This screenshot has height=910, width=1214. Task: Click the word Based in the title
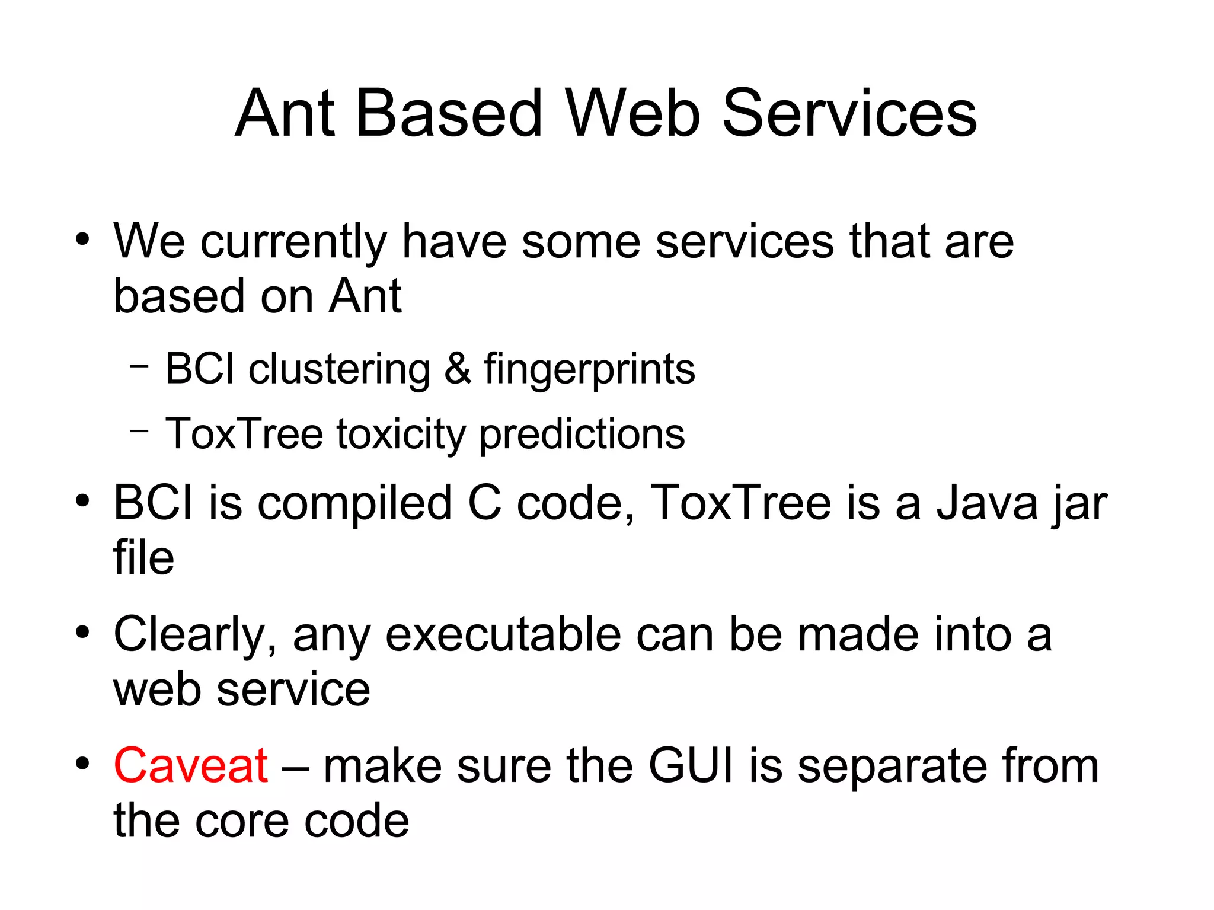pyautogui.click(x=449, y=113)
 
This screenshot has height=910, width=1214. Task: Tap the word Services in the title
pyautogui.click(x=849, y=113)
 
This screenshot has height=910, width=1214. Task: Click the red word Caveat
pyautogui.click(x=190, y=765)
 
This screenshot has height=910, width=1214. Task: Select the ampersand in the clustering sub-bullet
pyautogui.click(x=457, y=369)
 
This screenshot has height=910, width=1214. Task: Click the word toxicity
pyautogui.click(x=401, y=435)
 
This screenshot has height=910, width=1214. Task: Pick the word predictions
pyautogui.click(x=582, y=435)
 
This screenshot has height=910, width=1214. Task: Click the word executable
pyautogui.click(x=504, y=634)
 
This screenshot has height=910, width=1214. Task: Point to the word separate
pyautogui.click(x=892, y=767)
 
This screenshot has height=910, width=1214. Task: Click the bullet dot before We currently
pyautogui.click(x=82, y=240)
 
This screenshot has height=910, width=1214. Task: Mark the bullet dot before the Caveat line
pyautogui.click(x=82, y=764)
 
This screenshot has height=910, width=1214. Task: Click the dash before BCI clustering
pyautogui.click(x=139, y=366)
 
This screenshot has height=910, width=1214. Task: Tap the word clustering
pyautogui.click(x=339, y=369)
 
